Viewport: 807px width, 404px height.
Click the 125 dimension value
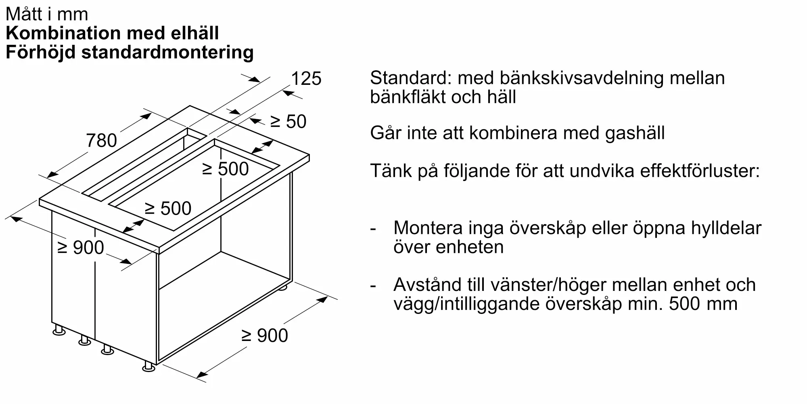306,78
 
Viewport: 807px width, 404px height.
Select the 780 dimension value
101,141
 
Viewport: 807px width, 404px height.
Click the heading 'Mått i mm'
47,14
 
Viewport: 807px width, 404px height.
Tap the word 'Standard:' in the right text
411,78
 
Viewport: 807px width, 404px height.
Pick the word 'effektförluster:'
700,171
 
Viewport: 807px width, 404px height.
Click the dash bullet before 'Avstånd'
373,286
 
